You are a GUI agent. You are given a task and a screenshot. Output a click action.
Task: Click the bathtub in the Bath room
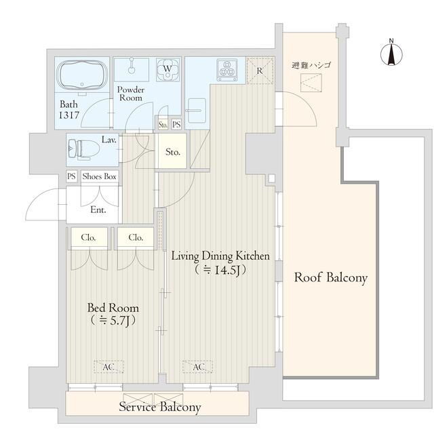pos(82,75)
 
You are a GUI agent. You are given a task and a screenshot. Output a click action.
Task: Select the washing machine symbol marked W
pos(167,69)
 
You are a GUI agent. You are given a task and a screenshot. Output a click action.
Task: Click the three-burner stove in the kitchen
pos(227,70)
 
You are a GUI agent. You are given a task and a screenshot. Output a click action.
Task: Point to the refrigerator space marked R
pos(260,71)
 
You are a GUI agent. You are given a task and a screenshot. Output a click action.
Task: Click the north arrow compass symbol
pos(391,54)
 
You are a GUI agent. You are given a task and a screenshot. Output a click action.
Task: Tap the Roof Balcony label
pos(331,277)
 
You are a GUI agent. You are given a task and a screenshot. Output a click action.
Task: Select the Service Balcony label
pos(160,407)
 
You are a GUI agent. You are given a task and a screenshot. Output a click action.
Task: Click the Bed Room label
pos(113,308)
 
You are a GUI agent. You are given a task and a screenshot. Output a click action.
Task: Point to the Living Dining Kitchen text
pos(220,256)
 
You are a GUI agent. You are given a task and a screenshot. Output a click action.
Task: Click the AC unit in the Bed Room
pos(108,367)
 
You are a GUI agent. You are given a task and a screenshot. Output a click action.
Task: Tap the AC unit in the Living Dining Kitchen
pos(197,367)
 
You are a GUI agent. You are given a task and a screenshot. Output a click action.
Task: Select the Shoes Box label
pos(99,176)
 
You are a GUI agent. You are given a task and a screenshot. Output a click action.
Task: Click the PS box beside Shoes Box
pos(71,176)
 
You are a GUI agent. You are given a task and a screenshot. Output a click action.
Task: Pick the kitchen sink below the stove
pos(197,111)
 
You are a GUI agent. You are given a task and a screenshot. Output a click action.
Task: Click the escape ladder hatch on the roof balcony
pos(311,83)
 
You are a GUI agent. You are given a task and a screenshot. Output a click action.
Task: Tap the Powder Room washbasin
pos(132,70)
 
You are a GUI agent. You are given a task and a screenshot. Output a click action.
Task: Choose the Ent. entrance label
pos(98,210)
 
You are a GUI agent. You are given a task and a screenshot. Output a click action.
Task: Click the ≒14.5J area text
pos(220,270)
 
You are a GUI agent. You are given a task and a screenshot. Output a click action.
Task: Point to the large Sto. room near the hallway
pos(173,151)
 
